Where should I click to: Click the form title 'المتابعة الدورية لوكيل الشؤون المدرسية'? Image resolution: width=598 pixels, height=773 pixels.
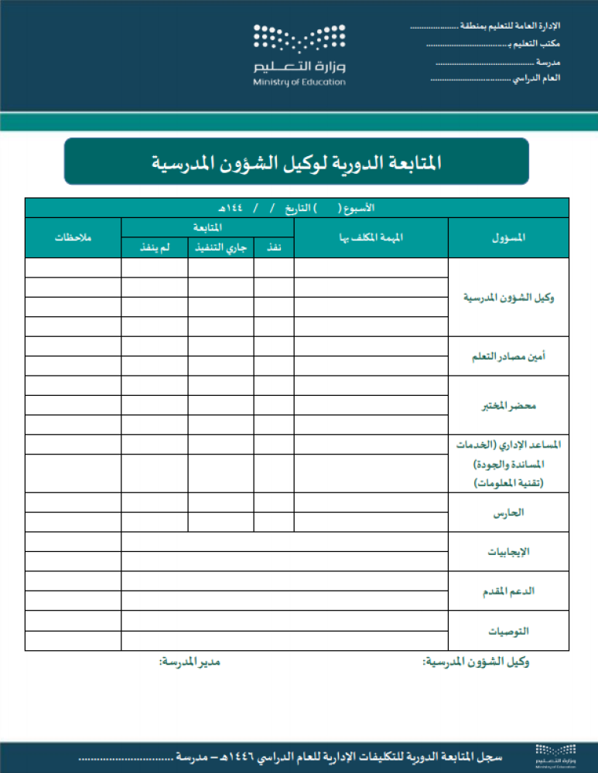click(296, 162)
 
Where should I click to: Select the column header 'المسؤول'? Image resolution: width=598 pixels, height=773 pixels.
click(508, 237)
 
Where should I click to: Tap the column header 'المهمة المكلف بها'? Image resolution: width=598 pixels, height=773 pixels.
click(371, 237)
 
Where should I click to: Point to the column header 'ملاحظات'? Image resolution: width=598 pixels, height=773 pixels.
click(73, 237)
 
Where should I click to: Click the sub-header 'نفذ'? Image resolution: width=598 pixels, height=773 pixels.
click(273, 247)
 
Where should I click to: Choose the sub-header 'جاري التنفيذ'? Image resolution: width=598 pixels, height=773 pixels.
click(220, 247)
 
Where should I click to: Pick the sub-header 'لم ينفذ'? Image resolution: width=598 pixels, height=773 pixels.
click(154, 247)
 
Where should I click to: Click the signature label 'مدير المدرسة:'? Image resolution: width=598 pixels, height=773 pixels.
click(190, 662)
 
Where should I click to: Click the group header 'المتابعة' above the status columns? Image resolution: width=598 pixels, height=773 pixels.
click(207, 227)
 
